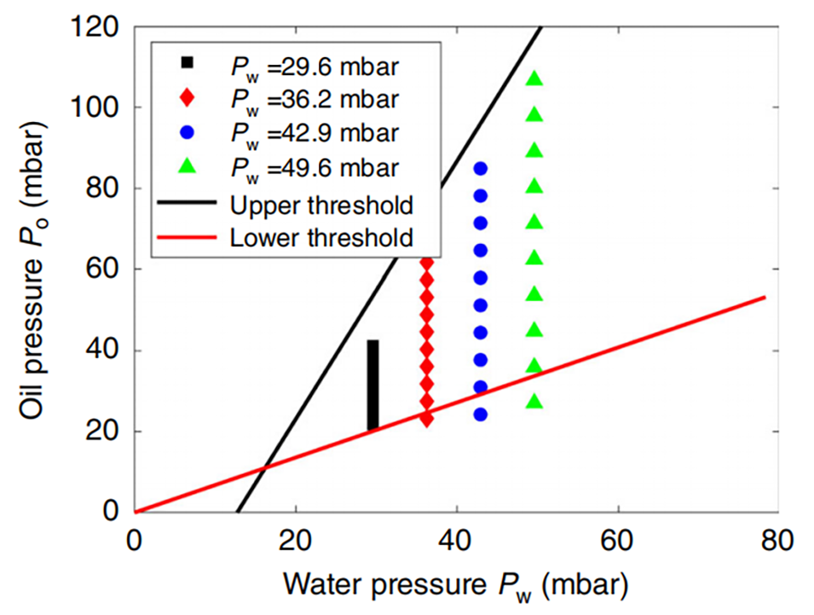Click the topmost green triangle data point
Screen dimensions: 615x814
(534, 78)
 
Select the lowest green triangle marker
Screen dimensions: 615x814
(534, 401)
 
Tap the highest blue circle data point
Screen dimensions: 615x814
(480, 169)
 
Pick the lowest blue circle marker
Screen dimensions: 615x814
(480, 415)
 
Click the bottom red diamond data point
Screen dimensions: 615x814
(426, 419)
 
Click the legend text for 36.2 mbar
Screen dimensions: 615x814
(315, 98)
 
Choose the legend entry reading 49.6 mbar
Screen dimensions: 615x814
(315, 168)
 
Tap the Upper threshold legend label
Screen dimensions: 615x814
(321, 205)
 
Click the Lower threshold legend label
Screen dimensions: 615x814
(321, 236)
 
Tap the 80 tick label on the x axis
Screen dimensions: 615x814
(777, 541)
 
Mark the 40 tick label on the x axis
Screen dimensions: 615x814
(456, 541)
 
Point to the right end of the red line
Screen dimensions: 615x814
(765, 297)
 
